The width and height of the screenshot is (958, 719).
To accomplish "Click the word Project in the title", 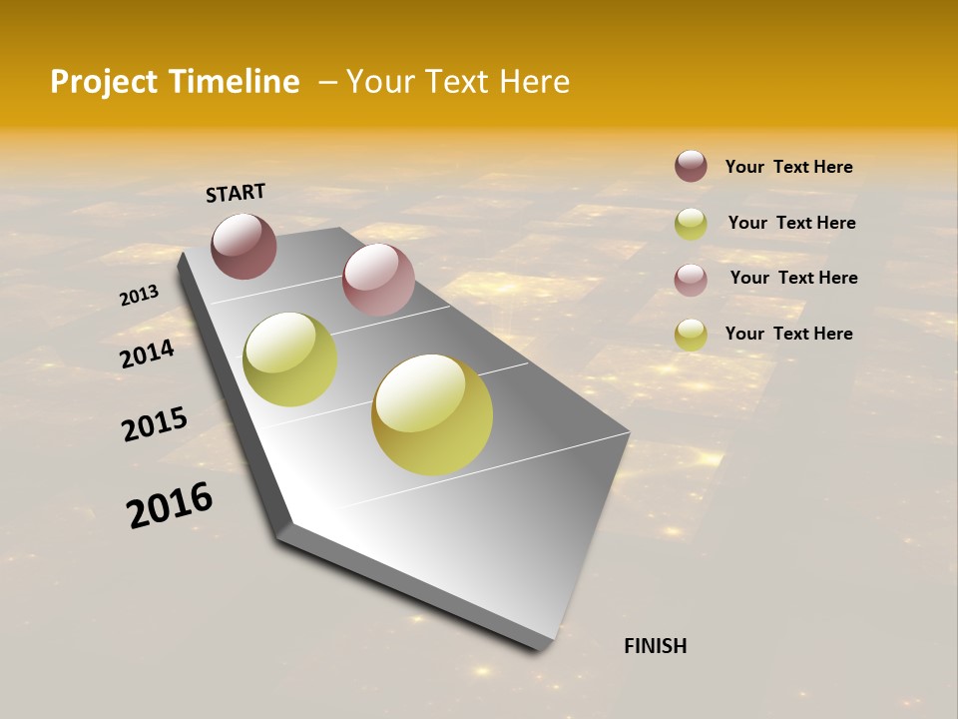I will coord(104,82).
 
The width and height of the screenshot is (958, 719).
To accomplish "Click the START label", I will coord(236,193).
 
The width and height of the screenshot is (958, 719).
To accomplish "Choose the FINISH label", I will coord(655,646).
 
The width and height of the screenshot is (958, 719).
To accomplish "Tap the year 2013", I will coord(139,296).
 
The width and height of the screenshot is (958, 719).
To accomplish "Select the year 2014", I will coord(147,355).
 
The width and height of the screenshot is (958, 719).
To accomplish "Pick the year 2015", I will coord(154,425).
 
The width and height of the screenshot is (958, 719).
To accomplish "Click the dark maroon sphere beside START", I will coord(243,246).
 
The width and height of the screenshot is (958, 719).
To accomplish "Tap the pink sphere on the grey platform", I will coord(378,280).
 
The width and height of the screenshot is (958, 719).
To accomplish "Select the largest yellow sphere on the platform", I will coord(432,414).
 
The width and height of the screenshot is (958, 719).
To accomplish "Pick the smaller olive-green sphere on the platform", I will coord(289,359).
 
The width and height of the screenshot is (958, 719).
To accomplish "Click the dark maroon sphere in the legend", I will coord(691,166).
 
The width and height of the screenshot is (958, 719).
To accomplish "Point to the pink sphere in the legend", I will coord(691,279).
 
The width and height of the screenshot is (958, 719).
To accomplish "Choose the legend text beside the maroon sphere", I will coord(788,168).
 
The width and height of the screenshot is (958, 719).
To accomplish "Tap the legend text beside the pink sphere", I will coord(793,278).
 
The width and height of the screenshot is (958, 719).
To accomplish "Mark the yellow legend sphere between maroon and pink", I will coord(691,224).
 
